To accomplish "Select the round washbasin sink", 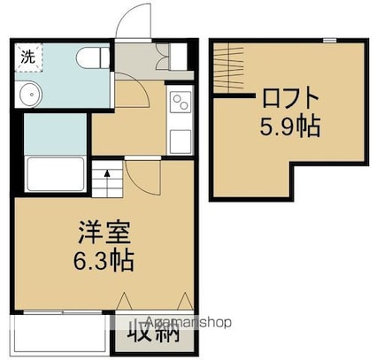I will [x=29, y=94].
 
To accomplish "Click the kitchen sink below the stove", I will [x=180, y=138].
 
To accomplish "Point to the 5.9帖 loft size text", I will [x=289, y=126].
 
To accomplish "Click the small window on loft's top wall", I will [x=329, y=40].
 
